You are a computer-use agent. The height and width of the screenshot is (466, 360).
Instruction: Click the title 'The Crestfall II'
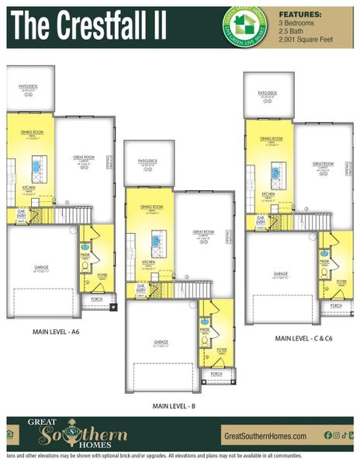(89, 25)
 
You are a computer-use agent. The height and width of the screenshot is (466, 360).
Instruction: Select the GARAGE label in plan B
(161, 342)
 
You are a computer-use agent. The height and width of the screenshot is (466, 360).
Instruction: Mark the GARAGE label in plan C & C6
(280, 273)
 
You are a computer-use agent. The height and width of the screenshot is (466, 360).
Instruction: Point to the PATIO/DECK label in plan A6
(29, 88)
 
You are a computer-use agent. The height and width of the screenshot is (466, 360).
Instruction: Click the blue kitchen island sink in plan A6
(36, 166)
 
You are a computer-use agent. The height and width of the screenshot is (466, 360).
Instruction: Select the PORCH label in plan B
(216, 372)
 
